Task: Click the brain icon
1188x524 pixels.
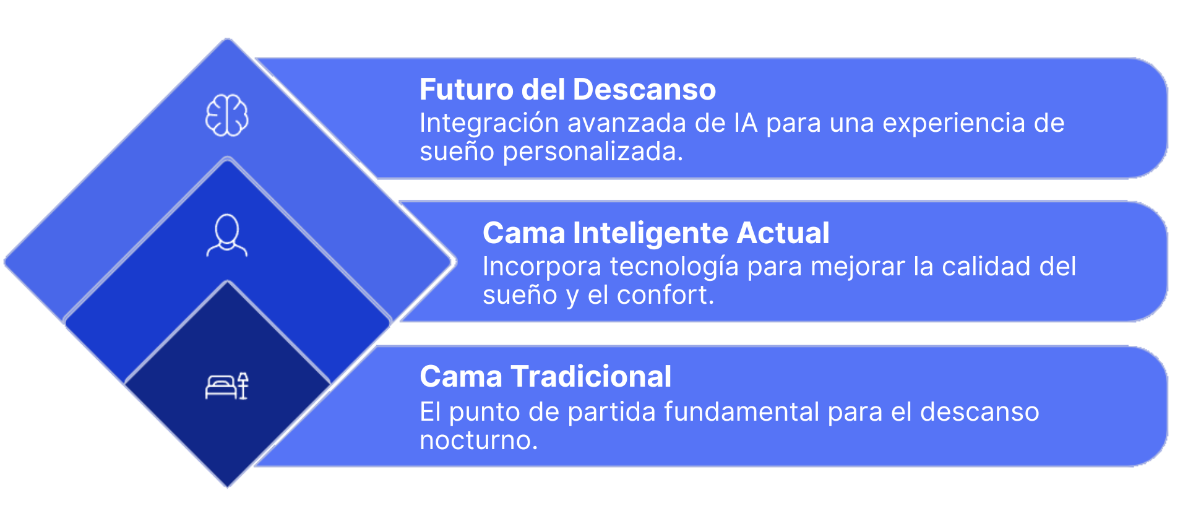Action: (227, 115)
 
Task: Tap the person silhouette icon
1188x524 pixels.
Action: (226, 235)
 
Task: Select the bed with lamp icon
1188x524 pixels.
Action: (226, 386)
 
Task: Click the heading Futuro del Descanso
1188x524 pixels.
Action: (567, 89)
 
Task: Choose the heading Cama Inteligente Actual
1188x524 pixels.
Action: (656, 233)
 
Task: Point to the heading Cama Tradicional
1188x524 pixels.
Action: (545, 376)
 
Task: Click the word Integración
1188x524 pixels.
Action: (489, 124)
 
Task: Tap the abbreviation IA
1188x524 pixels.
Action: (746, 123)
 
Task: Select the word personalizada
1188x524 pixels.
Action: (593, 152)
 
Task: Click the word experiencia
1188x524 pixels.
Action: (954, 124)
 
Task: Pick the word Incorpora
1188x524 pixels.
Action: (542, 267)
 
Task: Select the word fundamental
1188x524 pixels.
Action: (742, 412)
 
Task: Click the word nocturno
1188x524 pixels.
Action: (478, 440)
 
